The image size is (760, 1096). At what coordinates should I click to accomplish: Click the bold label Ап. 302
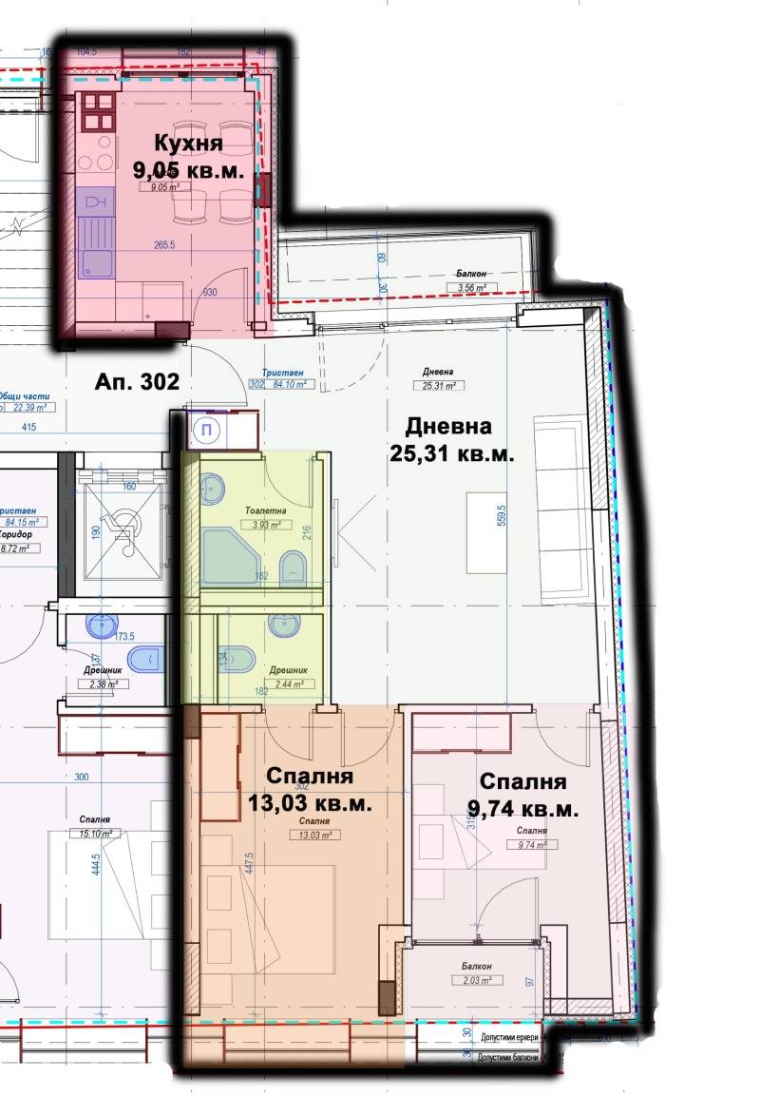tap(137, 382)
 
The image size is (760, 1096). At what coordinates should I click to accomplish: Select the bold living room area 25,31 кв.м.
tap(451, 453)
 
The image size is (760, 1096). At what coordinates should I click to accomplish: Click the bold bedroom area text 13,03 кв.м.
tap(310, 803)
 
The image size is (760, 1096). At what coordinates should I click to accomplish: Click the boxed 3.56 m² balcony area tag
tap(466, 286)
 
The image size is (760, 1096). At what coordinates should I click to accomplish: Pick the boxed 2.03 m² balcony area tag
tap(472, 980)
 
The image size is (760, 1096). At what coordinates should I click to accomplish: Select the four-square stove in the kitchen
tap(96, 111)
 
